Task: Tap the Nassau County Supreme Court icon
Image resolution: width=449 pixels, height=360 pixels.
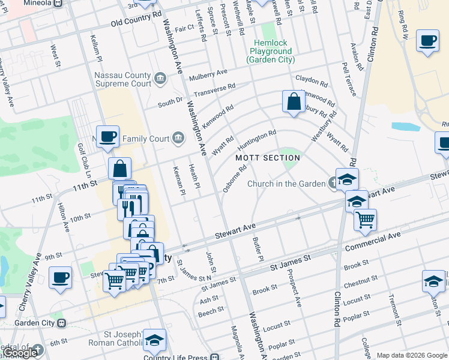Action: pos(160,77)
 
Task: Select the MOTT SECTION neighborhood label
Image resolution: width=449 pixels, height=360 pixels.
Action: pos(268,158)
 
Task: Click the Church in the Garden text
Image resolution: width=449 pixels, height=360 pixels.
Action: pos(287,184)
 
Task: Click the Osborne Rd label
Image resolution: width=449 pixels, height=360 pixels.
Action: pos(235,179)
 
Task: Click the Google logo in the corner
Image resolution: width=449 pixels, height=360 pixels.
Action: pos(20,353)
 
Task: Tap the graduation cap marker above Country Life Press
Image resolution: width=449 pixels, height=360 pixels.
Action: pos(154,340)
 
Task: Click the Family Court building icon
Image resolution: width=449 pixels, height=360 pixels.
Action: pos(178,139)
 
